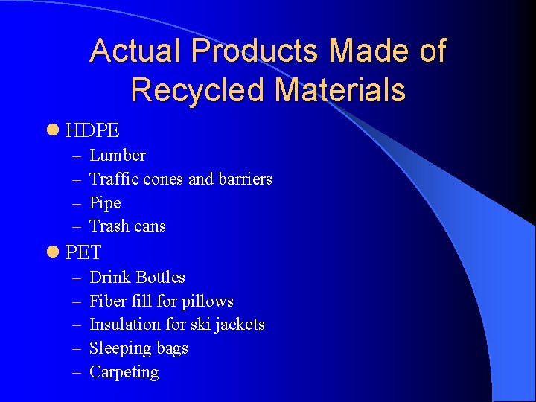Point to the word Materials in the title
(339, 90)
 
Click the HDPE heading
(92, 131)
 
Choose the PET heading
(83, 253)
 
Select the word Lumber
(118, 156)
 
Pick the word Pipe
(105, 203)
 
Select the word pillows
(208, 301)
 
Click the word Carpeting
(124, 372)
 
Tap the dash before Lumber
(78, 156)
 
